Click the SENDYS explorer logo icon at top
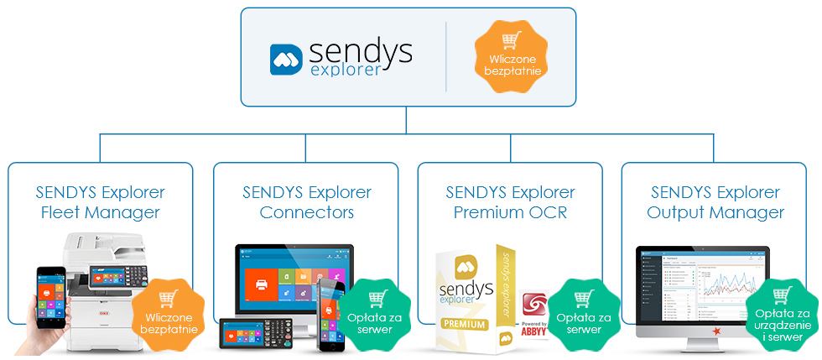(x=286, y=60)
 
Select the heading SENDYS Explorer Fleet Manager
(x=101, y=202)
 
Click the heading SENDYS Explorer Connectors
(x=306, y=202)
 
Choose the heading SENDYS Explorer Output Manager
(x=715, y=202)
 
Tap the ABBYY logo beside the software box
(x=535, y=315)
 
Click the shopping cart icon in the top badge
(x=510, y=41)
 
